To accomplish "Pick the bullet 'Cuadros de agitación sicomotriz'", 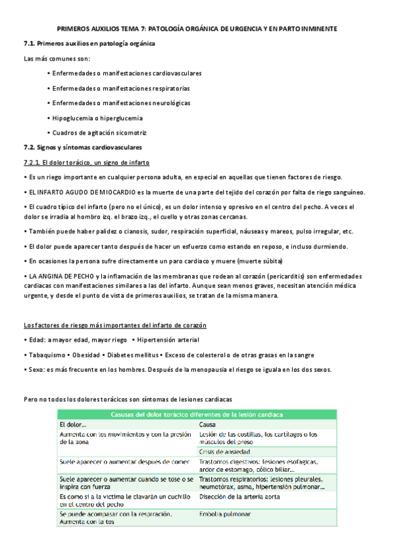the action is tap(99, 133).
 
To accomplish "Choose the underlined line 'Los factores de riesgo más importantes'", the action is tap(114, 326).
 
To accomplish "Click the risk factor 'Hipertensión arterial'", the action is tap(168, 340).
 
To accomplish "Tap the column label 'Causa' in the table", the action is tap(209, 425).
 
